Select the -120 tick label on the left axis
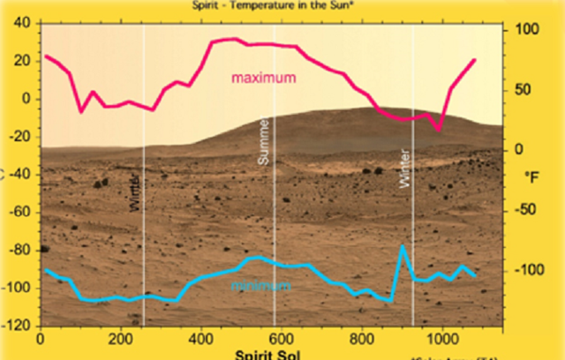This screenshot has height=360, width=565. pyautogui.click(x=16, y=326)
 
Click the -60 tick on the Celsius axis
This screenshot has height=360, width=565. pyautogui.click(x=18, y=212)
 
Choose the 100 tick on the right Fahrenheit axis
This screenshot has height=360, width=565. pyautogui.click(x=526, y=29)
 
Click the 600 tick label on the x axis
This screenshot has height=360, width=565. pyautogui.click(x=282, y=337)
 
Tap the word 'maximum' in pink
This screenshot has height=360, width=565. pyautogui.click(x=263, y=78)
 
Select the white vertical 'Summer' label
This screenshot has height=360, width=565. pyautogui.click(x=263, y=141)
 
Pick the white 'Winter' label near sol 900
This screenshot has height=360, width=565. pyautogui.click(x=404, y=167)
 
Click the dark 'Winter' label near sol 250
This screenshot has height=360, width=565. pyautogui.click(x=135, y=191)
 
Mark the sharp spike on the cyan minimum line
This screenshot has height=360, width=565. pyautogui.click(x=403, y=247)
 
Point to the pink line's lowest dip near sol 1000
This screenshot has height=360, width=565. pyautogui.click(x=437, y=130)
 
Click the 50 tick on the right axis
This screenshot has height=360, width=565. pyautogui.click(x=528, y=89)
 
